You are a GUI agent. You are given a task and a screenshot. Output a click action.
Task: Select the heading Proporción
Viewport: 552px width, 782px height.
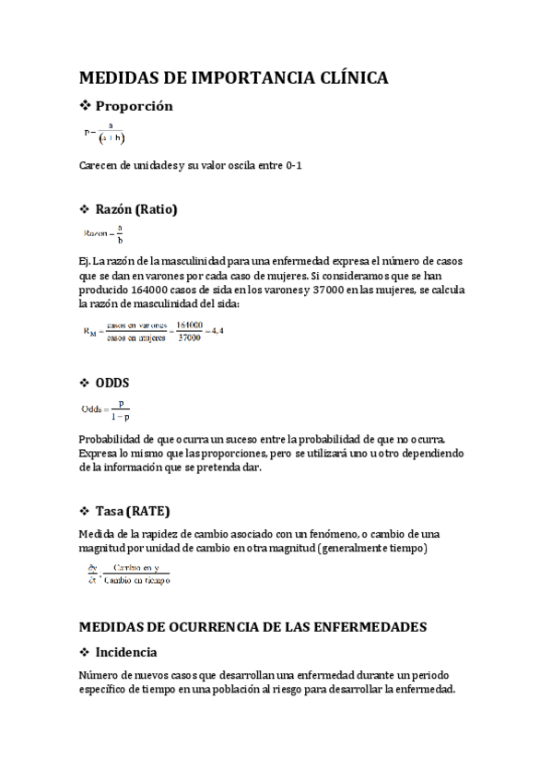pyautogui.click(x=135, y=106)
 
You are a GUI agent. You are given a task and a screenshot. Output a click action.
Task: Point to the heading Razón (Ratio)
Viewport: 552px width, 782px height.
pyautogui.click(x=136, y=209)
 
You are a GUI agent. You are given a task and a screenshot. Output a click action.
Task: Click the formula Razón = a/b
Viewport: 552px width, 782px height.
pyautogui.click(x=103, y=235)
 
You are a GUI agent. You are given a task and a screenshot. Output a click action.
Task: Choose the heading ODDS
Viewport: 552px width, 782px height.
pyautogui.click(x=112, y=383)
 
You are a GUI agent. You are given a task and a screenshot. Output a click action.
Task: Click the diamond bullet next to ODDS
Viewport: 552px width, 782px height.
pyautogui.click(x=85, y=383)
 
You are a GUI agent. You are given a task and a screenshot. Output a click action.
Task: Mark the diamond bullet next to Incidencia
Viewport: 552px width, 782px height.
pyautogui.click(x=85, y=653)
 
